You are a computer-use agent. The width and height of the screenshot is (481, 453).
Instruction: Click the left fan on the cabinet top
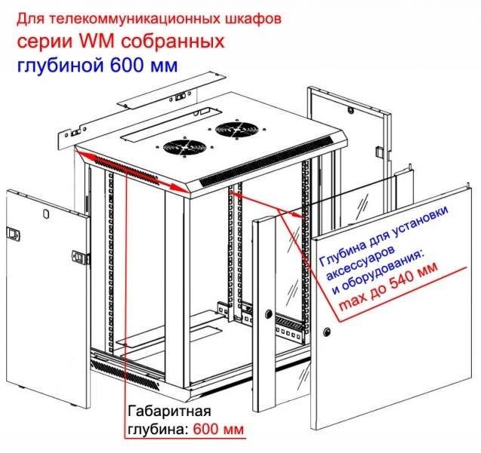(x=180, y=146)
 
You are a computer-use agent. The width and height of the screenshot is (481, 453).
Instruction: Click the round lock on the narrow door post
(x=269, y=313)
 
